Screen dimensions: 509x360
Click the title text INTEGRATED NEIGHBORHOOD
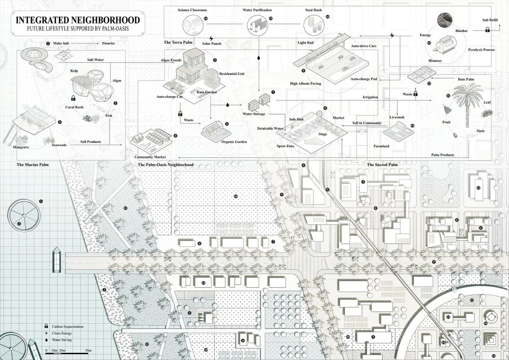(78, 20)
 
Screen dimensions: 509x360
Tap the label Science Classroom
(192, 9)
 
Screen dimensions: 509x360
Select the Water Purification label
(257, 9)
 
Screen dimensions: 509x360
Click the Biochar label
(461, 31)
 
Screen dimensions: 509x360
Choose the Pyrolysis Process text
(481, 49)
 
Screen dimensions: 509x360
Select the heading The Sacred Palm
(382, 165)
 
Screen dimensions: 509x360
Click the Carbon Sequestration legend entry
(68, 326)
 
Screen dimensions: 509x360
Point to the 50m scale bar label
(88, 351)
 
